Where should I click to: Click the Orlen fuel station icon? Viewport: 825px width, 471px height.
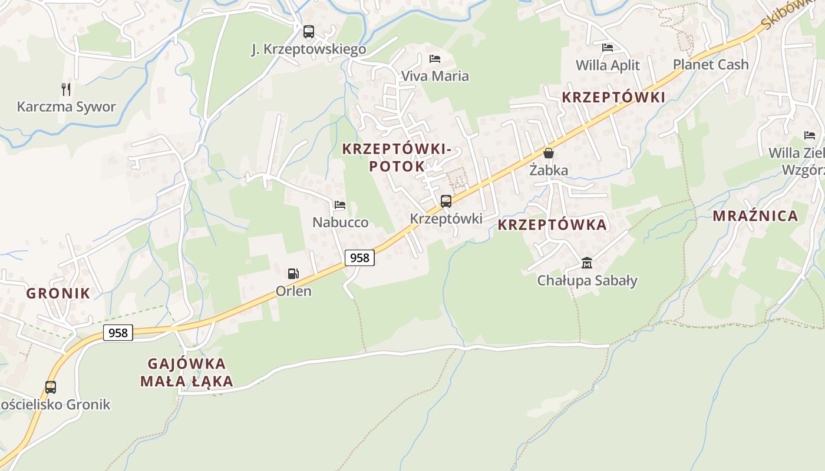pos(293,273)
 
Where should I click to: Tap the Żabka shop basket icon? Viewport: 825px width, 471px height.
pos(549,153)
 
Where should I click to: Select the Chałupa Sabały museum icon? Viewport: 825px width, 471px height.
pos(587,263)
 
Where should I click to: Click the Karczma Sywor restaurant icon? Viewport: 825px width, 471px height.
pos(66,89)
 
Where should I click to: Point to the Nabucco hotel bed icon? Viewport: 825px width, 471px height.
pos(340,205)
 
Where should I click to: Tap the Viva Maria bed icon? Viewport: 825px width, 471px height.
pos(435,58)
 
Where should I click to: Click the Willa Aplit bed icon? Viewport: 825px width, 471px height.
pos(608,48)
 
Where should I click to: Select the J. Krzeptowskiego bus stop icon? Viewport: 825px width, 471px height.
pos(309,32)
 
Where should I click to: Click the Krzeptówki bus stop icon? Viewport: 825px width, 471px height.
pos(446,201)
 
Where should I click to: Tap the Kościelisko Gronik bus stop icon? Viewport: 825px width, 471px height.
pos(51,387)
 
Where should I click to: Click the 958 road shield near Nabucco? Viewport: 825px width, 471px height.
pos(359,257)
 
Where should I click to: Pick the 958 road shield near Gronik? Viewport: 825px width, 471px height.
pos(118,333)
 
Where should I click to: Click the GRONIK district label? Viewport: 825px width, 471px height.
pos(58,293)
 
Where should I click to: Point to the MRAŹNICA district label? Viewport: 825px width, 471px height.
pos(755,216)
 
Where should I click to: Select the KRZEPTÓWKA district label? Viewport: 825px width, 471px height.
pos(552,224)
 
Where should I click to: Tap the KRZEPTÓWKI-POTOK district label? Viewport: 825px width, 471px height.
pos(397,157)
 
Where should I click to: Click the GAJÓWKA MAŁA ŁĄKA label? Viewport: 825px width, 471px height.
pos(187,372)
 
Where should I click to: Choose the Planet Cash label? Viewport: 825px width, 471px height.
pos(711,64)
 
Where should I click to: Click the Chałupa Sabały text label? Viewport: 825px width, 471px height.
pos(587,280)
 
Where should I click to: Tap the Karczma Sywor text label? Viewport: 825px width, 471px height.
pos(66,107)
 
